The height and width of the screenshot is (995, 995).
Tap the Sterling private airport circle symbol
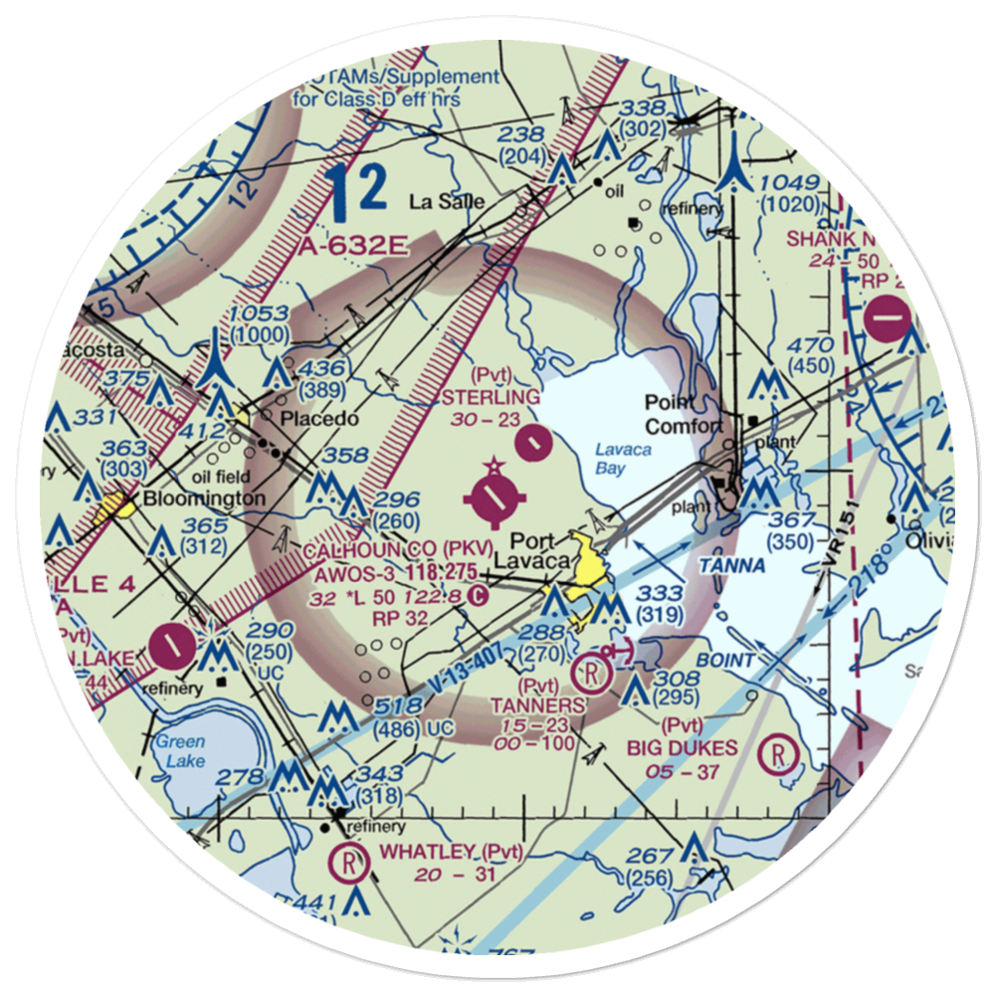pyautogui.click(x=535, y=438)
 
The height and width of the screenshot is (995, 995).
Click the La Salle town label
pyautogui.click(x=448, y=202)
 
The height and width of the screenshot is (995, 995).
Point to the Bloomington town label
pyautogui.click(x=204, y=497)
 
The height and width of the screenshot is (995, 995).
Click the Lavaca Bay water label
pyautogui.click(x=610, y=458)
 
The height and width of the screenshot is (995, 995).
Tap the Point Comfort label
pyautogui.click(x=683, y=414)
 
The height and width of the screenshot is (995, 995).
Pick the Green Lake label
pyautogui.click(x=180, y=750)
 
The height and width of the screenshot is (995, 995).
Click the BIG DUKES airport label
pyautogui.click(x=682, y=748)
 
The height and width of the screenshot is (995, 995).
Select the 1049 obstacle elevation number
pyautogui.click(x=792, y=184)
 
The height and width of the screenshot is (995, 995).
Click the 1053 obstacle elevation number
pyautogui.click(x=259, y=314)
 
